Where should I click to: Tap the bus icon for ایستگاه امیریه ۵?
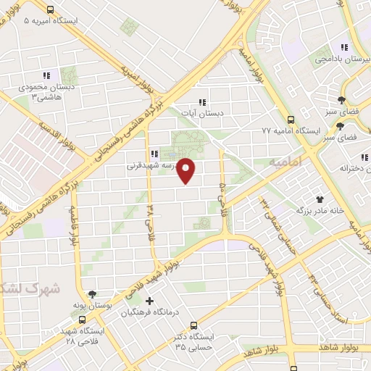pos(50,10)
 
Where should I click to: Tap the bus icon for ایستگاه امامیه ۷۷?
pos(291,120)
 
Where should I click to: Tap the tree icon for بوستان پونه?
pos(92,295)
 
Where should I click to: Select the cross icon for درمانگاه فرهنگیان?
pos(150,301)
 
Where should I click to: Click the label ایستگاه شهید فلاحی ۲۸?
pos(83,335)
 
